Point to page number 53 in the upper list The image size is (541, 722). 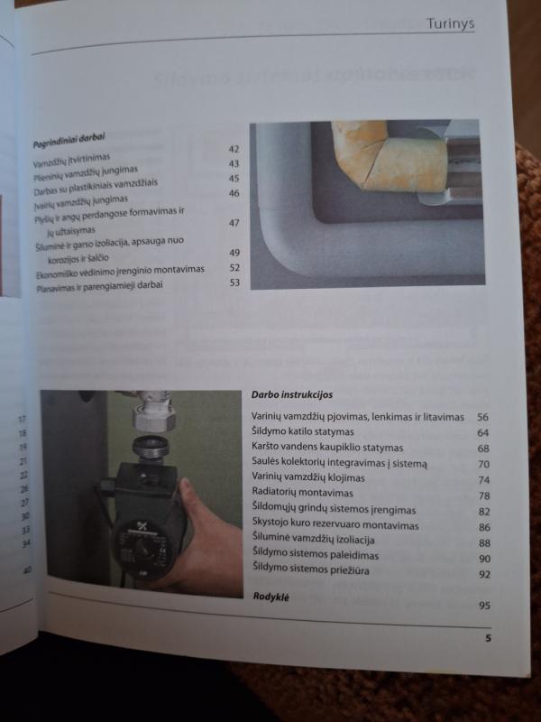coord(234,282)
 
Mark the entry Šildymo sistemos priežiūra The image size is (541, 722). coord(315,571)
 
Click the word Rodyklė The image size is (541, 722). coord(271,597)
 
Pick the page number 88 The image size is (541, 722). coord(483,542)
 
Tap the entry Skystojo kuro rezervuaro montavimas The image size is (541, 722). coord(335,525)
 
